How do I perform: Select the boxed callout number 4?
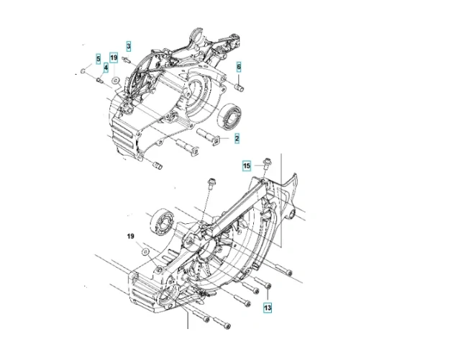(x=106, y=68)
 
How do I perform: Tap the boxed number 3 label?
(x=128, y=46)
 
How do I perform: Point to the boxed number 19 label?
(x=114, y=57)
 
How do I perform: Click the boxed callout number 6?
(x=239, y=67)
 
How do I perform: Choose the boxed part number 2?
(x=237, y=137)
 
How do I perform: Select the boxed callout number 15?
(x=246, y=166)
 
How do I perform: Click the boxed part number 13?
(x=268, y=307)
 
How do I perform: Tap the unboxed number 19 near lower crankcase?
(x=131, y=237)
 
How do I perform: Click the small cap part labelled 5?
(x=83, y=71)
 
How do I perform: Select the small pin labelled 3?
(x=125, y=63)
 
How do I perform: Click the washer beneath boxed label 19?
(x=117, y=73)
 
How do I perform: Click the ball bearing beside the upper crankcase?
(x=230, y=114)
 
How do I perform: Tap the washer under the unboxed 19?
(x=143, y=251)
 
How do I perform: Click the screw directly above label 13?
(x=266, y=287)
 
